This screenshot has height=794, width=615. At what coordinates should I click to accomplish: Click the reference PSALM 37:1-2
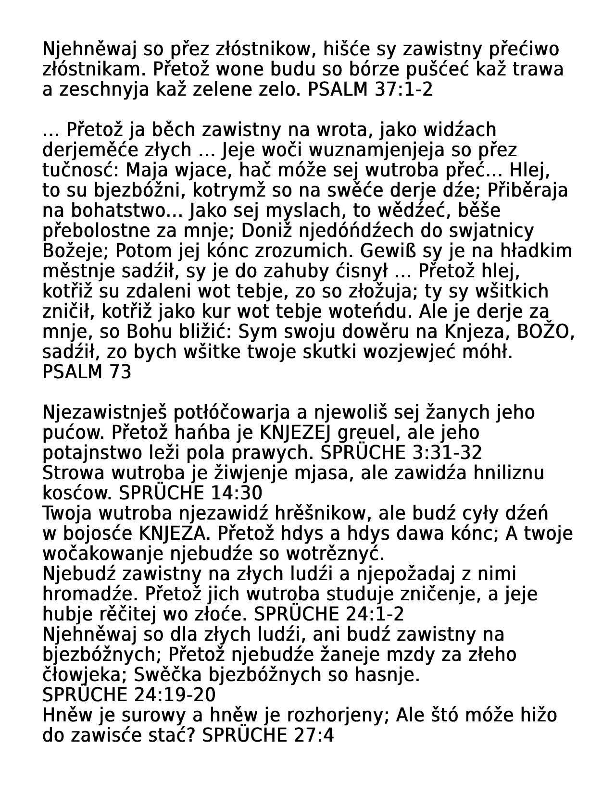coord(370,90)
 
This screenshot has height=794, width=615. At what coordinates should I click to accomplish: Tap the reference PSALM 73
coord(87,372)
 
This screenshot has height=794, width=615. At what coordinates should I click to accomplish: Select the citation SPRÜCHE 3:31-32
coord(401,453)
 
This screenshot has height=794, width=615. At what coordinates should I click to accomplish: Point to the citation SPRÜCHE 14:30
coord(190,494)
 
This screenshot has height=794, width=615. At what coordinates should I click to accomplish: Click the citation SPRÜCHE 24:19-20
coord(129,695)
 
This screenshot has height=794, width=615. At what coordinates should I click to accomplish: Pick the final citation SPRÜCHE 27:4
coord(267,736)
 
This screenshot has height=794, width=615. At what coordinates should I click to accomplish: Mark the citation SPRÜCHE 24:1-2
coord(328,615)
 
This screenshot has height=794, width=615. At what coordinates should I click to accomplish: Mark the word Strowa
coord(74,473)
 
